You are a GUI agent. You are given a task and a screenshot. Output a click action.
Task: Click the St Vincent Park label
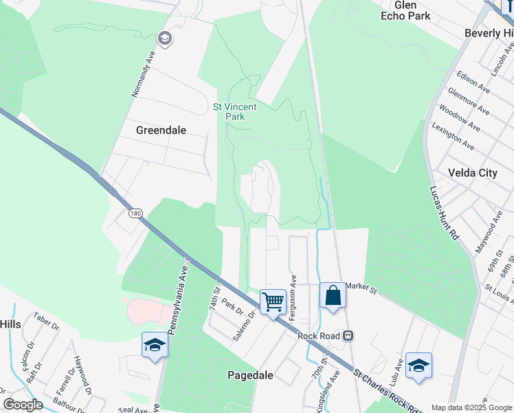[234, 112]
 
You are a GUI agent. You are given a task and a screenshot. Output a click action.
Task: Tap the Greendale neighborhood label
[161, 129]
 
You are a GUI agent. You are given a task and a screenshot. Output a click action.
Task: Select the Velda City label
[472, 173]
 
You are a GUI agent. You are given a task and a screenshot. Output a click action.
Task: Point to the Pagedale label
[251, 375]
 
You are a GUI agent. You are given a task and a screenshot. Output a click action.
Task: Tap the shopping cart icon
[273, 301]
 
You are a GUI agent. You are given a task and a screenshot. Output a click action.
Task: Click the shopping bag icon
[333, 295]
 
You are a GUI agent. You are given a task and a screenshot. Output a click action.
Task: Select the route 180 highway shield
[135, 214]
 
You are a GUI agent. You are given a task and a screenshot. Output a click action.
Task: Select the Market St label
[362, 286]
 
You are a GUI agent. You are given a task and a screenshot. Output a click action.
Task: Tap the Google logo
[23, 405]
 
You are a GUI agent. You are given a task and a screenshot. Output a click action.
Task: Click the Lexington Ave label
[454, 136]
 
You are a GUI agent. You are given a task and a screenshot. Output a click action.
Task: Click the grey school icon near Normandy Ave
[164, 38]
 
